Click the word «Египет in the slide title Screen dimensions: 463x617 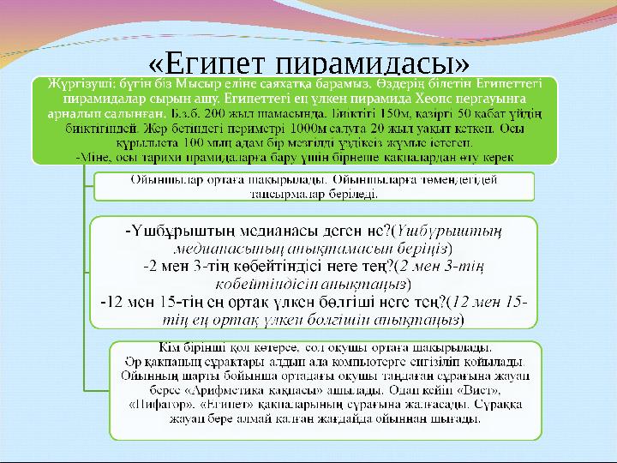point(204,65)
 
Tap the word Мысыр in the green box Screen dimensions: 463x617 point(207,86)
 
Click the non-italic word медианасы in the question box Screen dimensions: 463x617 point(249,231)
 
